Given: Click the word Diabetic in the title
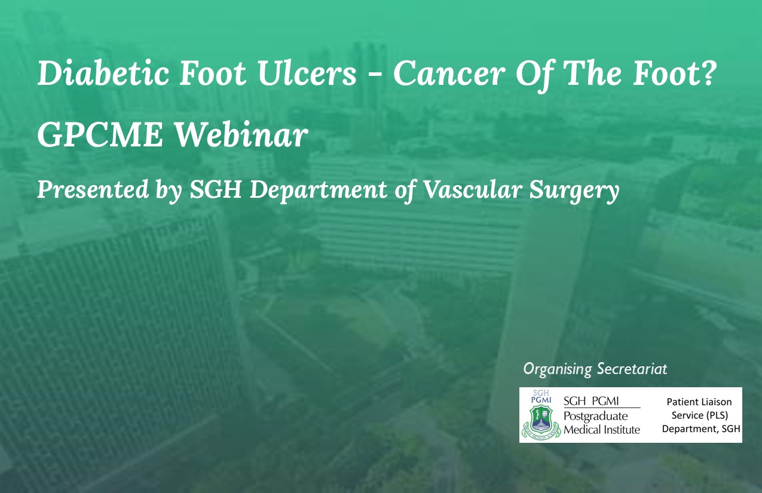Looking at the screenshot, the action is point(103,73).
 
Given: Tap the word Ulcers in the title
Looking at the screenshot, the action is point(307,73).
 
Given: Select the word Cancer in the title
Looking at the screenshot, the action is point(449,73).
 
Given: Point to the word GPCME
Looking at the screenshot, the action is point(100,135).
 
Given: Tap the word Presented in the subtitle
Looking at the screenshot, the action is point(93,189).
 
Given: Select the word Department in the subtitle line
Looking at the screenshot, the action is point(319,190).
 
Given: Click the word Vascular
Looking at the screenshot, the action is point(471,189).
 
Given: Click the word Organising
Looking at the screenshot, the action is point(558,369).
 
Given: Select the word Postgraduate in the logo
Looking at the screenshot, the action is point(596,416).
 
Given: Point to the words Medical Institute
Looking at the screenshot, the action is point(602,430).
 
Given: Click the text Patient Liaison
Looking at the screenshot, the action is point(699,402).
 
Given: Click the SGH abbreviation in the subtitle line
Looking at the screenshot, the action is point(216,189).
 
